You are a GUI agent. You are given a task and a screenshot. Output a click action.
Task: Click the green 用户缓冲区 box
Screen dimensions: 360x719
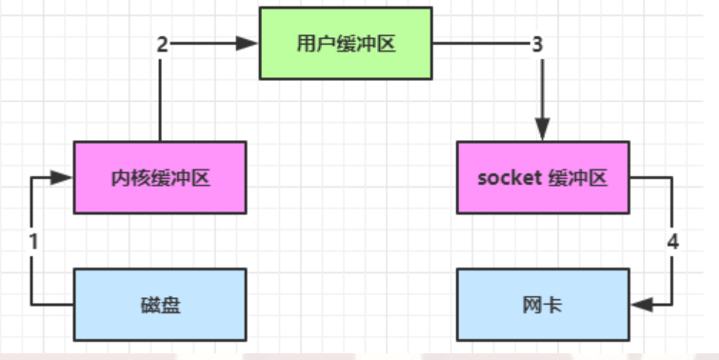[x=346, y=43]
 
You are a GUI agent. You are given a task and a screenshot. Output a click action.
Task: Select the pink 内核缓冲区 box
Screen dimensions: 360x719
[x=160, y=177]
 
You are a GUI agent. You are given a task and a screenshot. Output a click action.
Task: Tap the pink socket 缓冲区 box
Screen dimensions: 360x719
[x=543, y=177]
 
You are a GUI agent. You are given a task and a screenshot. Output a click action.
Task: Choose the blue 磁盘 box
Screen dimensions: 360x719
[x=160, y=305]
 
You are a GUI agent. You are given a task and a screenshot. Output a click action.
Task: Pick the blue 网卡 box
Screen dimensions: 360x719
[x=543, y=305]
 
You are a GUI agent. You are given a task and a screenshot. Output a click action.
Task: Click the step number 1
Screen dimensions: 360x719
[x=33, y=242]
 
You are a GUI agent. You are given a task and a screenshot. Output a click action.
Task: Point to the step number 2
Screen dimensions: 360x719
[x=162, y=43]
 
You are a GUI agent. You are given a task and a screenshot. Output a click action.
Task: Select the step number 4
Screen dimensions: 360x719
[x=672, y=242]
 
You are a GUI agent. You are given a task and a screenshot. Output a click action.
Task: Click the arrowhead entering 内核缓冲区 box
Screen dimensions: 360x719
[x=64, y=177]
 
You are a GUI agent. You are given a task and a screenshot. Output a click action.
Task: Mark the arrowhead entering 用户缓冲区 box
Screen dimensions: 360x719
[x=250, y=43]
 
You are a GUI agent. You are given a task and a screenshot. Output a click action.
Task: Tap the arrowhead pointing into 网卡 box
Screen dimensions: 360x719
[x=640, y=305]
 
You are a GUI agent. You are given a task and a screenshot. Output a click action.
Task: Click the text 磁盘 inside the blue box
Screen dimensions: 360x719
[x=160, y=305]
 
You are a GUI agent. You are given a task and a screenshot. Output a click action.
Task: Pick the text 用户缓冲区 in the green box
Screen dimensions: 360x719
[x=346, y=43]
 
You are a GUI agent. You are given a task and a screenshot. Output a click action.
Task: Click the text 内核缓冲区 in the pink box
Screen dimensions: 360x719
[x=160, y=177]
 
